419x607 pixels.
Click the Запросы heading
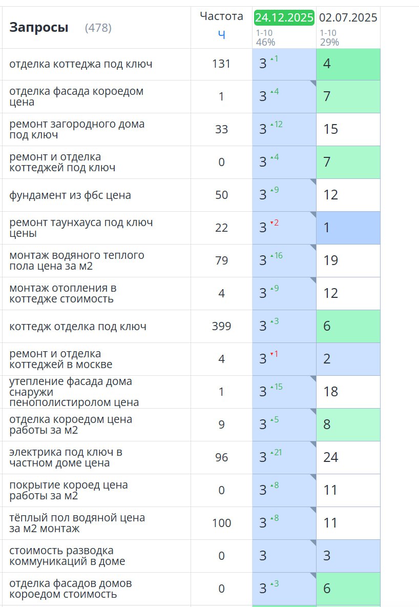pyautogui.click(x=38, y=28)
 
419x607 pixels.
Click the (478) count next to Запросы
pyautogui.click(x=98, y=28)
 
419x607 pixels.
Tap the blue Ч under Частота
pyautogui.click(x=221, y=34)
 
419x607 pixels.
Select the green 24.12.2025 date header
pyautogui.click(x=284, y=17)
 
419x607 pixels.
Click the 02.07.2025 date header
pyautogui.click(x=348, y=17)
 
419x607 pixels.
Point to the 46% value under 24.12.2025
pyautogui.click(x=265, y=42)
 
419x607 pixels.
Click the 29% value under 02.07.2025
pyautogui.click(x=329, y=42)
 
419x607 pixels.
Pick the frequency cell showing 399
pyautogui.click(x=221, y=326)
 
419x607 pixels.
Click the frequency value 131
pyautogui.click(x=221, y=64)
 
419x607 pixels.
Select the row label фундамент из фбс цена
pyautogui.click(x=70, y=195)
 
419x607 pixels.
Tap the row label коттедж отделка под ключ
pyautogui.click(x=78, y=326)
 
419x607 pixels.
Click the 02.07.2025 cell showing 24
pyautogui.click(x=331, y=457)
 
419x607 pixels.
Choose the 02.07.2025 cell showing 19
pyautogui.click(x=331, y=260)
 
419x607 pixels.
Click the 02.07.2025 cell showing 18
pyautogui.click(x=331, y=392)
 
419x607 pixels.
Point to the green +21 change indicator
pyautogui.click(x=277, y=452)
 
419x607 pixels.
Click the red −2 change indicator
pyautogui.click(x=275, y=222)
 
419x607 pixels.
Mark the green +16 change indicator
pyautogui.click(x=277, y=255)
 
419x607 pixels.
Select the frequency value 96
pyautogui.click(x=221, y=457)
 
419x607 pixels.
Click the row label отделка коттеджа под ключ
pyautogui.click(x=80, y=64)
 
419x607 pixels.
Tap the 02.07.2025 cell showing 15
pyautogui.click(x=331, y=129)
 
